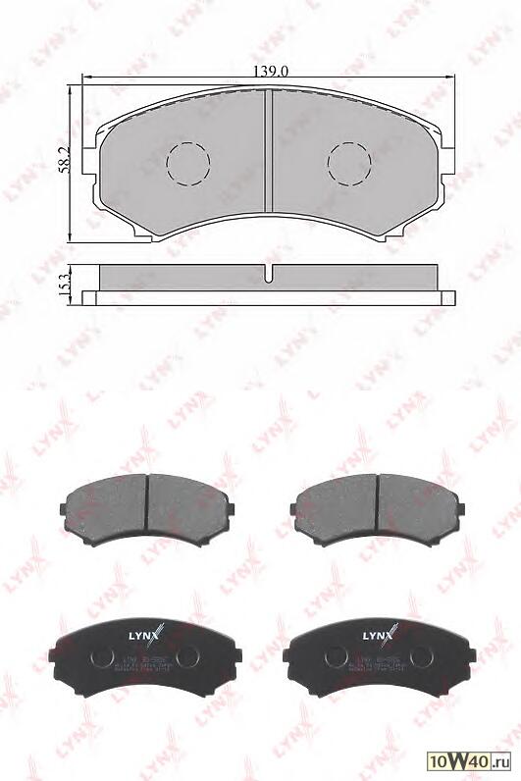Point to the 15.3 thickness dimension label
pyautogui.click(x=64, y=285)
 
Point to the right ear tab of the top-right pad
pyautogui.click(x=461, y=508)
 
